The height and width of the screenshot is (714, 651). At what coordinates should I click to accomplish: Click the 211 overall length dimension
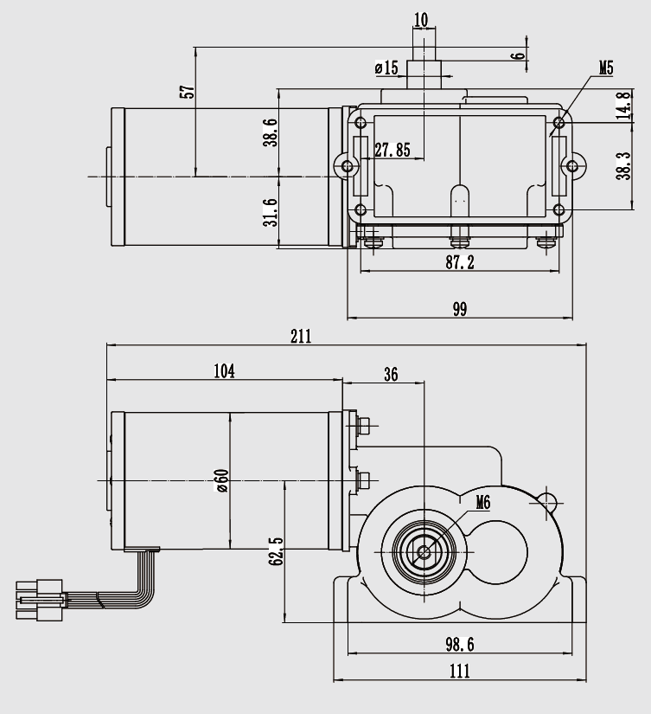(x=301, y=337)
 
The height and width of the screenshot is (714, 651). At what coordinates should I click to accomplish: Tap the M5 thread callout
(x=606, y=68)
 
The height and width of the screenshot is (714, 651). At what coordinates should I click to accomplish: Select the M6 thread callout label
(x=483, y=503)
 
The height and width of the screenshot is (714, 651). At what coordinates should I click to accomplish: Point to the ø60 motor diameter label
(x=222, y=481)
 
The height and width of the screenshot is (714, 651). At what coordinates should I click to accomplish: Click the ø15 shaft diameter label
(x=386, y=68)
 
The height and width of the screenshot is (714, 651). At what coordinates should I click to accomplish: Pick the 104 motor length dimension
(x=224, y=371)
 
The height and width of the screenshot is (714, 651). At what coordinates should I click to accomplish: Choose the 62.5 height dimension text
(x=276, y=551)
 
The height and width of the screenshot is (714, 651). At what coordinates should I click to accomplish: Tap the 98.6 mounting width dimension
(x=459, y=644)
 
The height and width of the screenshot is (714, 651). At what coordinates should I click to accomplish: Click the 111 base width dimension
(x=459, y=672)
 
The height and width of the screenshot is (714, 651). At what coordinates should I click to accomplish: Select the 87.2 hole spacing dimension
(x=459, y=262)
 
